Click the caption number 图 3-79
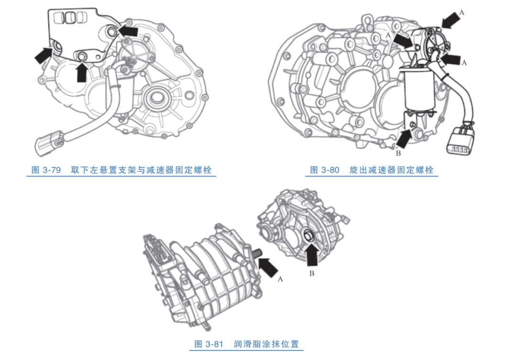[46, 170]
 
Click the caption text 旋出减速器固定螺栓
[392, 170]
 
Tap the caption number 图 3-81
[209, 344]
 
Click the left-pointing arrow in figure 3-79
[128, 31]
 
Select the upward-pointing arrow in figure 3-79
[82, 72]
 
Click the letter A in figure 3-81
[280, 279]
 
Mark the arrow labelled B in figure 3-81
[312, 255]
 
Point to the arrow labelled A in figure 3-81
[270, 266]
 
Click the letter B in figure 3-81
[312, 273]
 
